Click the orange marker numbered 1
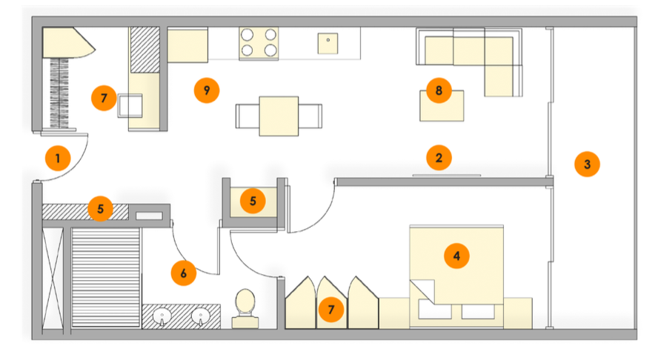point(58,159)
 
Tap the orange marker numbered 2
point(439,158)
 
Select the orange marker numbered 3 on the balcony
point(587,164)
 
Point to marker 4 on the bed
point(456,256)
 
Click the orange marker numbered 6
point(183,273)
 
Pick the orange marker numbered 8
point(439,90)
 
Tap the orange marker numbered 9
point(207,90)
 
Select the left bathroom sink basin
point(162,316)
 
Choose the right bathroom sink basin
point(200,316)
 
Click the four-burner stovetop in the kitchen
point(259,43)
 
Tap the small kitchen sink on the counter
point(328,44)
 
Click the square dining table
point(279,116)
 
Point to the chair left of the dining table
point(248,116)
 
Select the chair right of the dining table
point(310,116)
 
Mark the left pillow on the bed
point(435,309)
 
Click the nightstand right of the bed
point(517,313)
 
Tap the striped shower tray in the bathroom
point(106,278)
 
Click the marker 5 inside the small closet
point(253,201)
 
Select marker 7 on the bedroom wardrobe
point(331,310)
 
